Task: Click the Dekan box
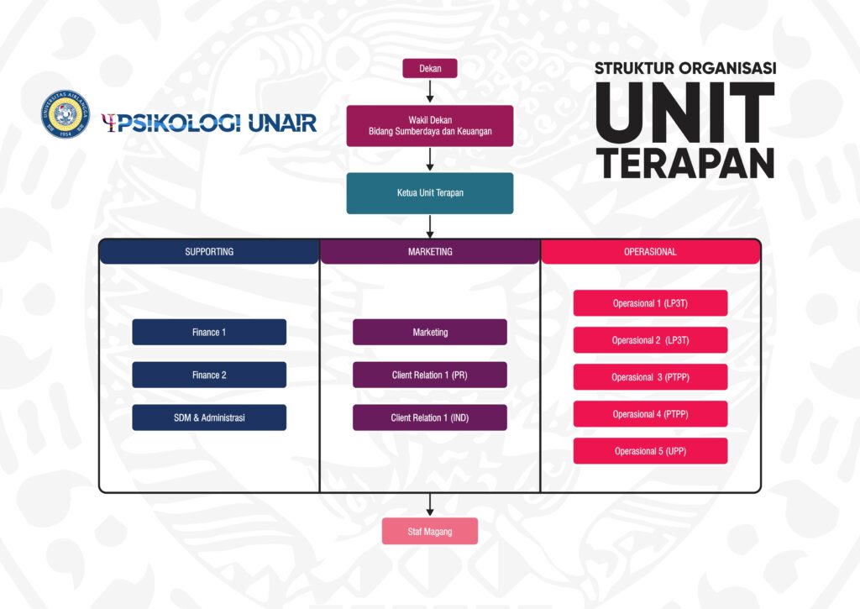click(x=430, y=69)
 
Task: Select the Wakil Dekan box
click(x=430, y=126)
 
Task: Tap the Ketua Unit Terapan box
click(x=430, y=193)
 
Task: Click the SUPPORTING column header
click(x=209, y=252)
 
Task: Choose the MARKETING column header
click(x=430, y=252)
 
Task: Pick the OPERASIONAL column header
click(x=651, y=252)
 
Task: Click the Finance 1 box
click(x=209, y=332)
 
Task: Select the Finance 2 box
click(x=209, y=375)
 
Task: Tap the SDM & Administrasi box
click(x=209, y=417)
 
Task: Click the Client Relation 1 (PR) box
click(x=430, y=375)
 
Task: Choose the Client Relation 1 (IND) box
click(x=430, y=417)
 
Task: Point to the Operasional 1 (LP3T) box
click(x=651, y=303)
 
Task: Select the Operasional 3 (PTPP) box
click(x=651, y=377)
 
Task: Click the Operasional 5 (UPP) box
click(x=651, y=451)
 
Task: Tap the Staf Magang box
click(x=430, y=531)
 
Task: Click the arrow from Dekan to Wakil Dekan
click(x=430, y=91)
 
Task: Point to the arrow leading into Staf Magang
click(x=430, y=505)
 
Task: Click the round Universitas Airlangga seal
click(x=66, y=114)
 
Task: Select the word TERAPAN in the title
click(x=685, y=163)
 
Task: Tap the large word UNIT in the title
click(x=685, y=113)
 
